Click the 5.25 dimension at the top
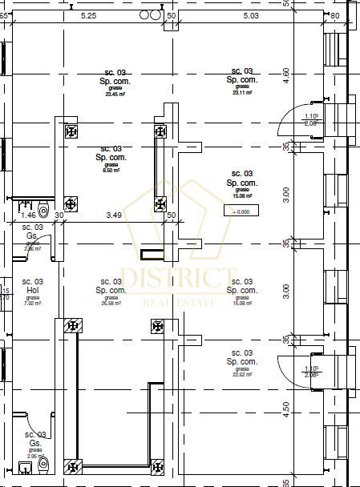point(89,15)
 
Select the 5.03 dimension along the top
point(251,15)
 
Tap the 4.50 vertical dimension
point(286,409)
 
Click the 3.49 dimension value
point(114,215)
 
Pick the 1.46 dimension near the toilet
point(28,215)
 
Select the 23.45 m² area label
point(111,93)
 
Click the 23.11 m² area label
point(241,93)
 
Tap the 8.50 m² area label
point(111,171)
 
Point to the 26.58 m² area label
point(111,304)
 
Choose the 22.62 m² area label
point(241,374)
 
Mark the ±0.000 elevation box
point(241,211)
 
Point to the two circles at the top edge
point(149,14)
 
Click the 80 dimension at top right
point(334,15)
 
